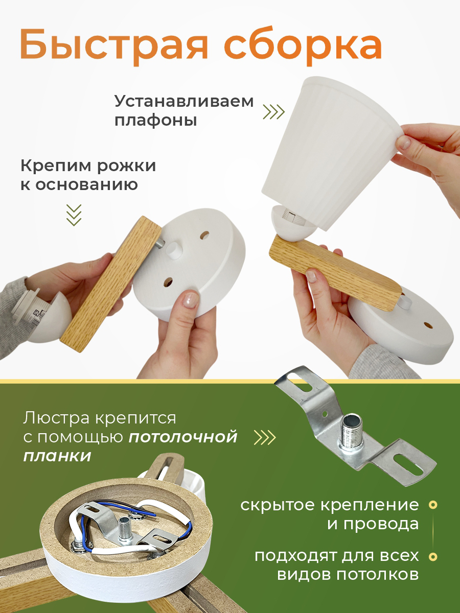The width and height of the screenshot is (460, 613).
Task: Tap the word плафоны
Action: pyautogui.click(x=156, y=121)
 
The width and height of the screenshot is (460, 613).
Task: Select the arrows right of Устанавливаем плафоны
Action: pyautogui.click(x=274, y=112)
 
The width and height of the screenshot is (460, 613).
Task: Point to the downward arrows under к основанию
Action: pyautogui.click(x=74, y=215)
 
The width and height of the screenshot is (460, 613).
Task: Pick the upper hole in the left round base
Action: pyautogui.click(x=205, y=235)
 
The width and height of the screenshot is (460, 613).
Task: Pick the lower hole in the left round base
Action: pyautogui.click(x=168, y=282)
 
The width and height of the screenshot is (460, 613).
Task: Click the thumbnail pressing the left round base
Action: pyautogui.click(x=191, y=298)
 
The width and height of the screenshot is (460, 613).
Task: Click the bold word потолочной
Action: pyautogui.click(x=183, y=437)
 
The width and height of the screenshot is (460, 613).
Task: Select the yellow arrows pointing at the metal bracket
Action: pyautogui.click(x=265, y=437)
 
